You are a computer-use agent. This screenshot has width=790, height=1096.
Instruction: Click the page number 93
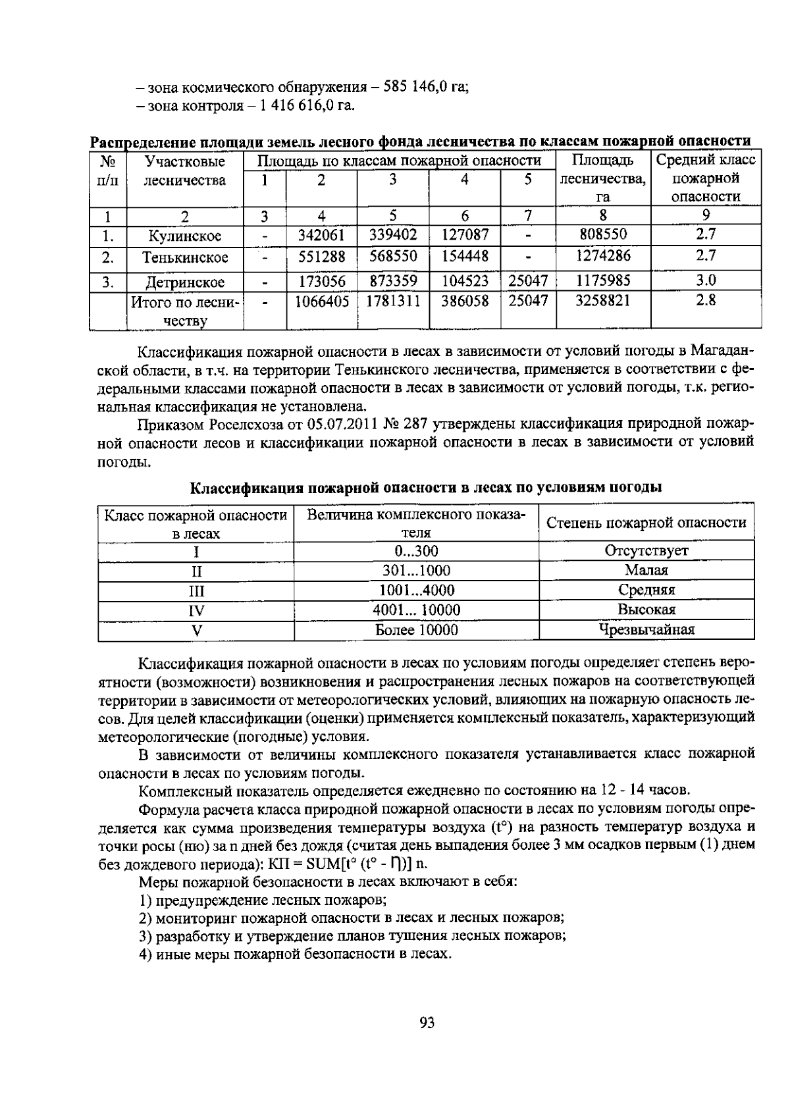click(x=427, y=1022)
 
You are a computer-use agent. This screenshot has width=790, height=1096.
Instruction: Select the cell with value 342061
click(x=321, y=235)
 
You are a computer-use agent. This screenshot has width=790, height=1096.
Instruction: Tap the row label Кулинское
click(x=185, y=236)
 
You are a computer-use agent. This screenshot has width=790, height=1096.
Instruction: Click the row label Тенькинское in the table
click(x=185, y=257)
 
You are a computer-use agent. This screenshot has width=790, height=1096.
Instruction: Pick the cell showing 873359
click(x=393, y=281)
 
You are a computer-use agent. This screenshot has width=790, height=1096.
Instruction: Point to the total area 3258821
click(x=602, y=301)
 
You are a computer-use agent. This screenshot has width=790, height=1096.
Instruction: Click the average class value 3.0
click(x=706, y=280)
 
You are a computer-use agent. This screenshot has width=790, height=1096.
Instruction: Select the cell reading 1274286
click(x=602, y=255)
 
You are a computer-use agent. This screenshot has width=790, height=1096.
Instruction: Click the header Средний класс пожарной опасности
click(x=706, y=178)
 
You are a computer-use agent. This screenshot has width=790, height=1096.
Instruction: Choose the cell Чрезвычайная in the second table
click(x=646, y=630)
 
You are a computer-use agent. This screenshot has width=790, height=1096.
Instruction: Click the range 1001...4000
click(x=417, y=590)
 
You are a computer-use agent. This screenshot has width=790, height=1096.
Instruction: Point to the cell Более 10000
click(x=417, y=630)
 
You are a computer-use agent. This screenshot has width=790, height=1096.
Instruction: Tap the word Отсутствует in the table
click(x=646, y=550)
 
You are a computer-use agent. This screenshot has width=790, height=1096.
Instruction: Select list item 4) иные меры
click(x=295, y=954)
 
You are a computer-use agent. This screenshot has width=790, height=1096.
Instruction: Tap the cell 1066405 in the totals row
click(x=321, y=301)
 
